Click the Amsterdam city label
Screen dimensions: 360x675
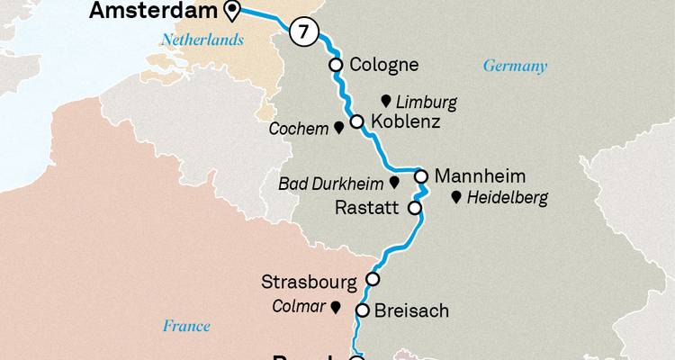154,12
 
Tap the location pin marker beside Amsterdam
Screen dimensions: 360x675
232,11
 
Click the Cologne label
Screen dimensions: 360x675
384,65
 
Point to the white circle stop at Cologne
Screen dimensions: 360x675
336,65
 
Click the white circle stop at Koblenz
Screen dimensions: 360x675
356,121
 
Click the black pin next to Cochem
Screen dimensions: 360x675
338,129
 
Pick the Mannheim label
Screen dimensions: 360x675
479,175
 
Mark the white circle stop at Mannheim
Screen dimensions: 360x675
420,175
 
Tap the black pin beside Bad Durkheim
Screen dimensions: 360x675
394,183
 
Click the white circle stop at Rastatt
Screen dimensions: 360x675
415,208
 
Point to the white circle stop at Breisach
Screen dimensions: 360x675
363,310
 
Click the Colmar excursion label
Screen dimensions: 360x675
298,307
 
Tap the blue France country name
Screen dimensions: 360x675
186,326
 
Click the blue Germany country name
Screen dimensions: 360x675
515,67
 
